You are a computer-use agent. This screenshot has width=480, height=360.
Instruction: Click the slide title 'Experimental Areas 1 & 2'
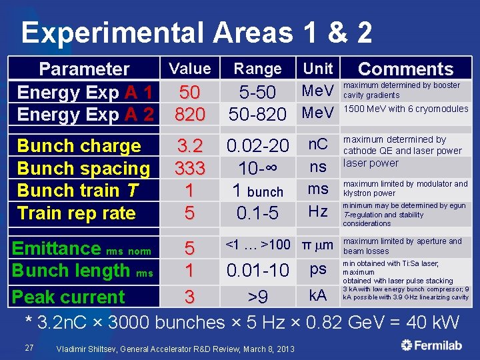(x=197, y=32)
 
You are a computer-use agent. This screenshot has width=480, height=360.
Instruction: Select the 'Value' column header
(x=190, y=69)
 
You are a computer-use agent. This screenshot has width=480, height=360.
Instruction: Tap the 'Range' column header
(x=257, y=69)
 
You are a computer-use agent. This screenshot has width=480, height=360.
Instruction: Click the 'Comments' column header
(x=405, y=69)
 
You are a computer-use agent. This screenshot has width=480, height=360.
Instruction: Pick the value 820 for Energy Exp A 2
(x=190, y=115)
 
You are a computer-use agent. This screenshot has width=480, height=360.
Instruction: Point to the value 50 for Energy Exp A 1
(x=190, y=92)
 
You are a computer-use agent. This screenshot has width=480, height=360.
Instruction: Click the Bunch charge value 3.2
(x=189, y=145)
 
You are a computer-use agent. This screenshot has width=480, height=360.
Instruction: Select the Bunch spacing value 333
(x=189, y=168)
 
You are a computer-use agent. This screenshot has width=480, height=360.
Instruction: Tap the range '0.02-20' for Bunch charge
(x=257, y=145)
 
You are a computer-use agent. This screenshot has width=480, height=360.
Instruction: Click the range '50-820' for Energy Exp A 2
(x=257, y=115)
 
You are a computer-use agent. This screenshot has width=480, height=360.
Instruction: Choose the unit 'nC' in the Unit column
(x=318, y=143)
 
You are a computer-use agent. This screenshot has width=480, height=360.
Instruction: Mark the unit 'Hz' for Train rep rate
(x=318, y=211)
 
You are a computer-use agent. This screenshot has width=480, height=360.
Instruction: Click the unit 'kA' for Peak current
(x=318, y=295)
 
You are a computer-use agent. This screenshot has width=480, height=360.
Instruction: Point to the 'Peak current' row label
(x=69, y=297)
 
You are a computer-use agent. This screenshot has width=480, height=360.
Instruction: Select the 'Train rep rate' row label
(x=76, y=213)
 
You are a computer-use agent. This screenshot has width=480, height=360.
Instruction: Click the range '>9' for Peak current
(x=257, y=297)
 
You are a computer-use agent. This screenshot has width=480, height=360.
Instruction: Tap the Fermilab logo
(x=434, y=345)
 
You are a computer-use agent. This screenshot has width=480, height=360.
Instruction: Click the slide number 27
(x=28, y=347)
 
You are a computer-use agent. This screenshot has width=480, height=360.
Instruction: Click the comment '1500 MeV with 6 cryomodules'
(x=405, y=109)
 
